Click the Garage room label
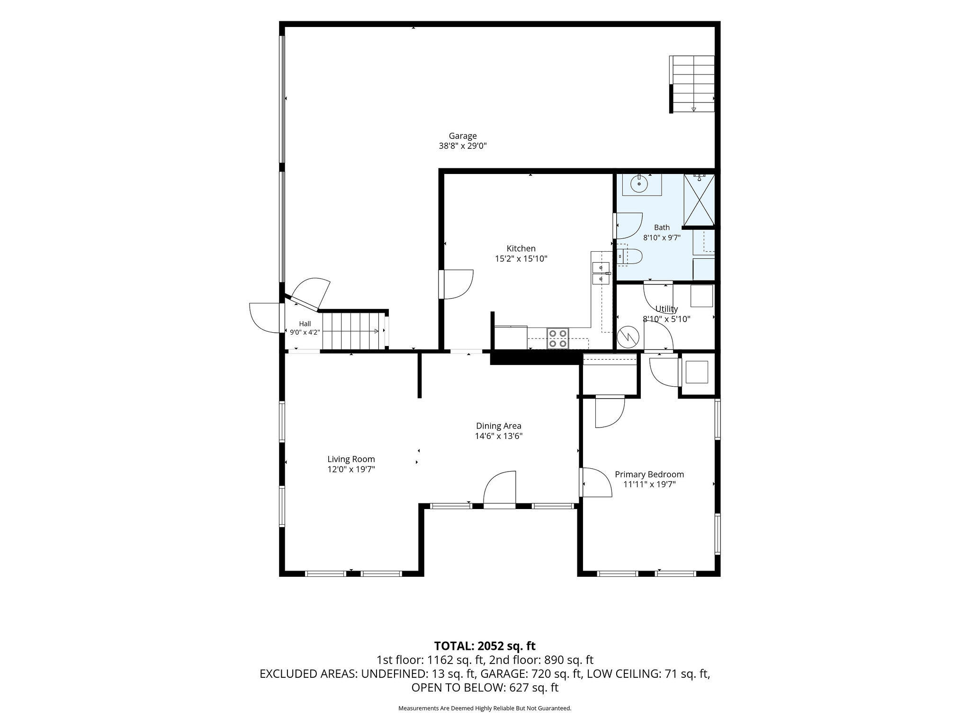(x=463, y=136)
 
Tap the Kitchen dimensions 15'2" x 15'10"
(x=521, y=259)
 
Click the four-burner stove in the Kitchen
(x=557, y=338)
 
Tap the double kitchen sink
(x=601, y=273)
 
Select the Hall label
(x=305, y=324)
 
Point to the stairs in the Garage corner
(x=692, y=84)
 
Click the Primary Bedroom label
(x=649, y=474)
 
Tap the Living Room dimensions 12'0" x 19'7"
(x=351, y=469)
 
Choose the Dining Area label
(x=499, y=426)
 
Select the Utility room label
(x=666, y=309)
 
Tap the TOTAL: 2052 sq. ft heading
(x=485, y=646)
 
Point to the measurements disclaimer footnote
(x=485, y=709)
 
